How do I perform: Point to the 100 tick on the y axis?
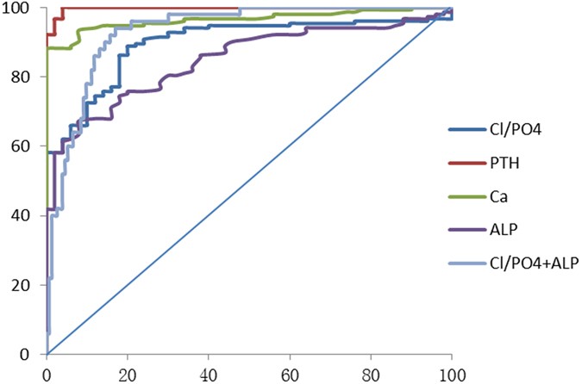pos(19,8)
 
